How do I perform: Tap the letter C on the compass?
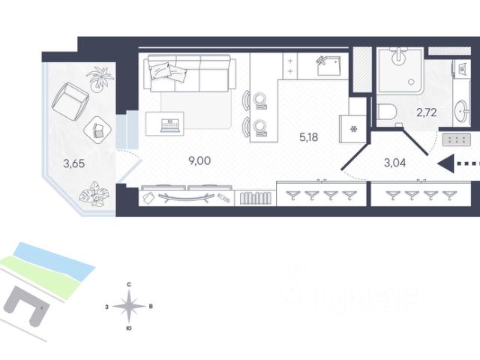130,284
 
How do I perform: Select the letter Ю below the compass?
130,328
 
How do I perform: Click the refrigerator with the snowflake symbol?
352,128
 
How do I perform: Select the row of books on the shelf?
255,198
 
